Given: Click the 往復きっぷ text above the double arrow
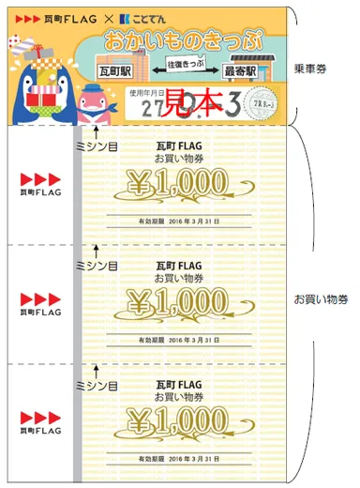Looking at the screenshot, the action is click(183, 62).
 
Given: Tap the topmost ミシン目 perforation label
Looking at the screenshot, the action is click(96, 146).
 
